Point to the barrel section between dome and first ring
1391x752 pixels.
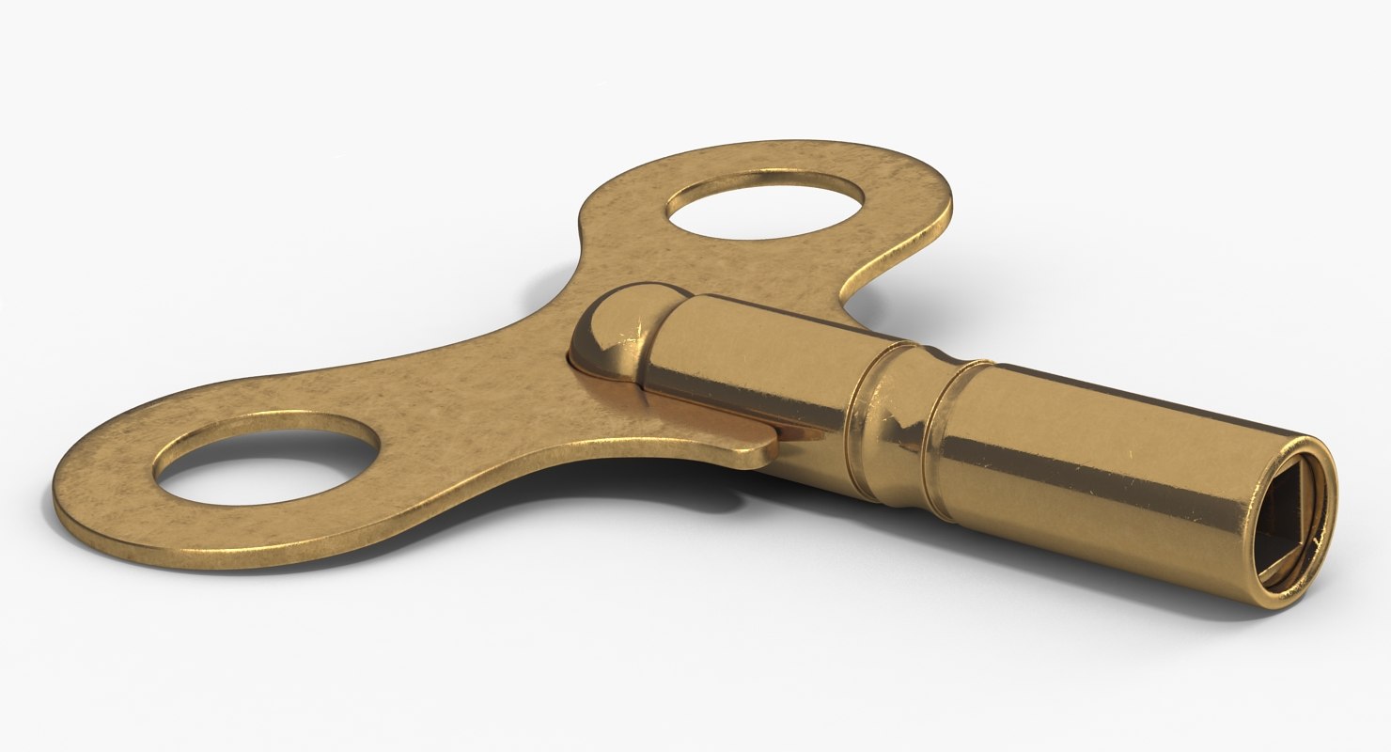(752, 367)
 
